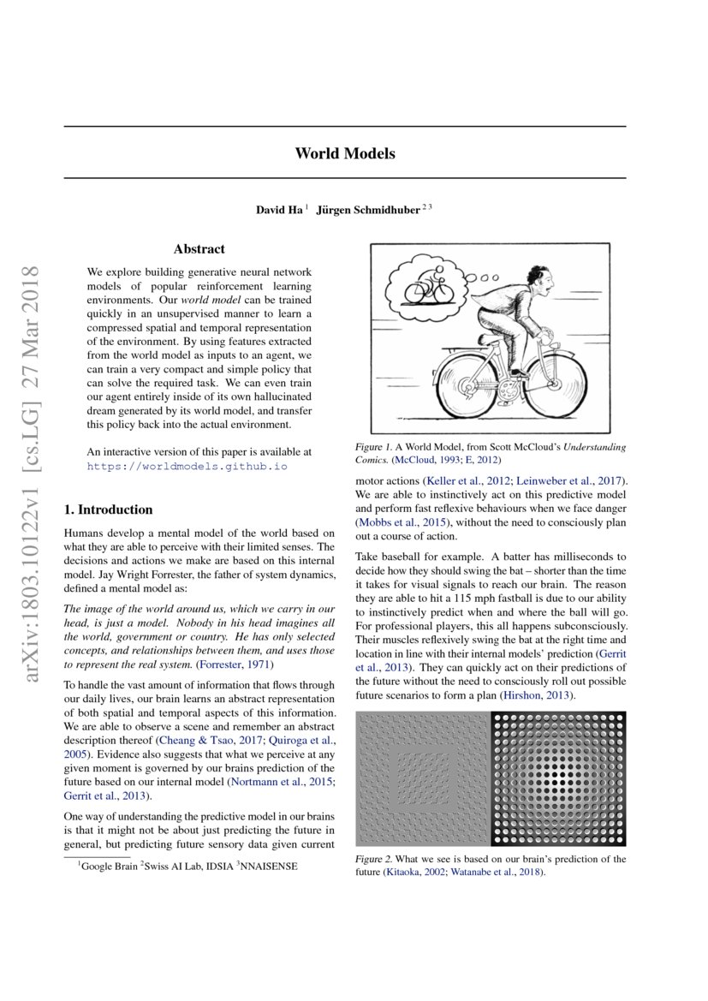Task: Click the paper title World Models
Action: coord(345,153)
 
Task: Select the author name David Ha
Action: coord(279,211)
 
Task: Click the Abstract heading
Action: coord(199,249)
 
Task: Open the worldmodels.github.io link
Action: coord(187,467)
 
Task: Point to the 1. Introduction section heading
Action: coord(109,509)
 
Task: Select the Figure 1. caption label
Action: coord(374,447)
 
